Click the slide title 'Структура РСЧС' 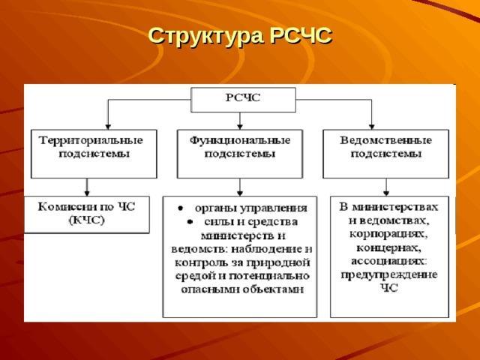point(239,35)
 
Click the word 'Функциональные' point(239,140)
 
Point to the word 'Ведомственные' point(385,140)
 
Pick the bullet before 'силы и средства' point(190,222)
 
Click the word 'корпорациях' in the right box point(389,234)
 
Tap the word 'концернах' point(389,247)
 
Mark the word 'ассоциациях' point(389,261)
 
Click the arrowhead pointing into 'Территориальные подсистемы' point(108,125)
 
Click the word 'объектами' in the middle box point(275,289)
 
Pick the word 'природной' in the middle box point(283,262)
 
